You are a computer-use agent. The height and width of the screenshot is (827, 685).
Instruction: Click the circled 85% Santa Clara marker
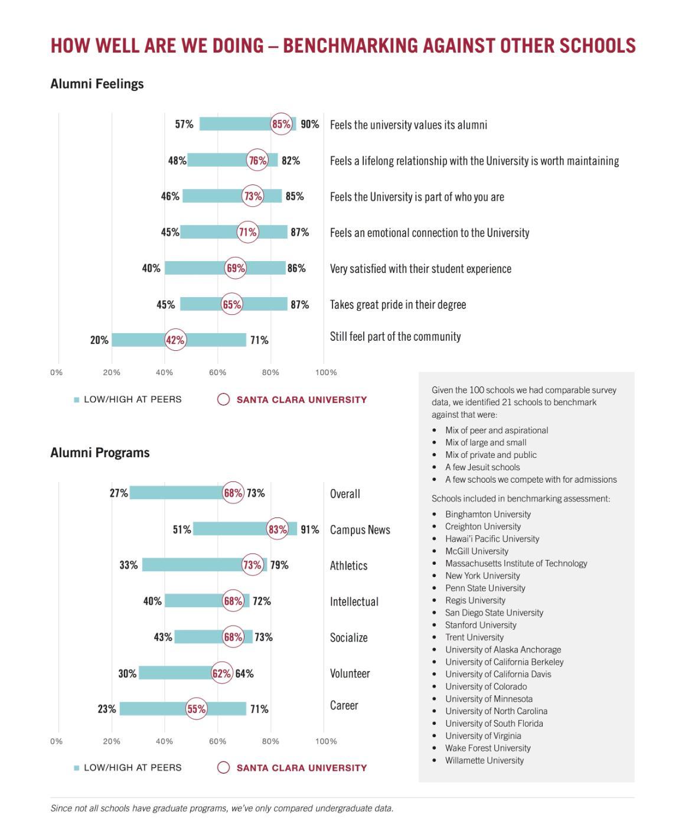tap(281, 124)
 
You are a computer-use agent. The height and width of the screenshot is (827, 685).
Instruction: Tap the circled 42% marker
tap(175, 340)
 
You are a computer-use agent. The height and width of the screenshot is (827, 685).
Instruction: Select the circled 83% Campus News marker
tap(278, 529)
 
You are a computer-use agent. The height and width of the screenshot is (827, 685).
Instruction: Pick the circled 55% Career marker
tap(196, 709)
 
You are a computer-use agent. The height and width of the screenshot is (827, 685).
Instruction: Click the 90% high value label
tap(309, 124)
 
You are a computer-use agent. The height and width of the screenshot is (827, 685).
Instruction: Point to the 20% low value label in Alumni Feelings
tap(99, 340)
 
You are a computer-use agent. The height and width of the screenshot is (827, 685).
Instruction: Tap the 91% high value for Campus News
tap(309, 529)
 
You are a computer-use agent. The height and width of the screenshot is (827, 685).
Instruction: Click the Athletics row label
tap(348, 566)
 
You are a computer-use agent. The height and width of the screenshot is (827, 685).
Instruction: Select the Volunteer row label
tap(350, 673)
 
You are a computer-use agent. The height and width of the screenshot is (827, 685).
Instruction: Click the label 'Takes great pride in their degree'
tap(397, 305)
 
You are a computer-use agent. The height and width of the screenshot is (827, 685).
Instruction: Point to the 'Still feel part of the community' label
tap(395, 337)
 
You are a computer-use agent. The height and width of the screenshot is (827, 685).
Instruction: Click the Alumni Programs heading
tap(100, 453)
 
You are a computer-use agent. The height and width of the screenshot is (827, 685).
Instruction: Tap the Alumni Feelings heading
tap(97, 84)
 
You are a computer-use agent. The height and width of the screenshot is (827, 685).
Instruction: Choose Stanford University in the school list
tap(481, 625)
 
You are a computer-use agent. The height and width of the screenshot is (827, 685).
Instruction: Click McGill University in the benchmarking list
tap(477, 551)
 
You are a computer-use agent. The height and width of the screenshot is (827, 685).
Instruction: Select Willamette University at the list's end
tap(484, 760)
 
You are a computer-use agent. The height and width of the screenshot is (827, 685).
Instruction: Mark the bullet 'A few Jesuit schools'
tap(482, 467)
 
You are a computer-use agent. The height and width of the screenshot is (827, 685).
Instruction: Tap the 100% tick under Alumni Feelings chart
tap(326, 373)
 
